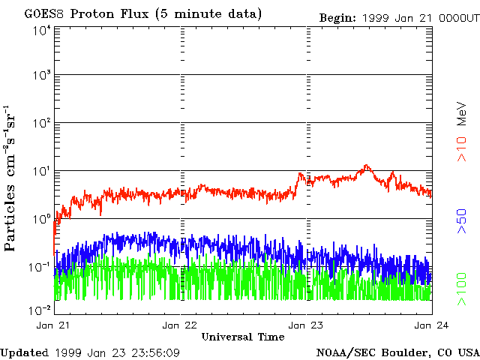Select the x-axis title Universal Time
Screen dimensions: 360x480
click(243, 336)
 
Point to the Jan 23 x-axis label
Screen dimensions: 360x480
click(306, 325)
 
